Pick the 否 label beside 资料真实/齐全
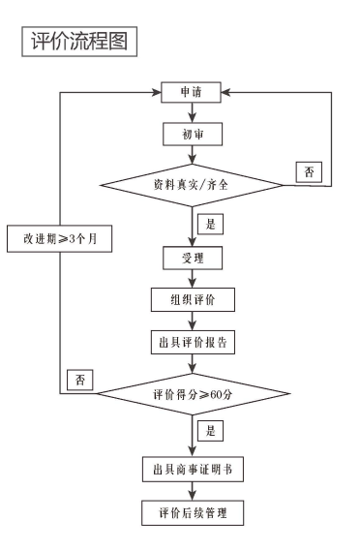(x=309, y=172)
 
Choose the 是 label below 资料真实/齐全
(x=209, y=223)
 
